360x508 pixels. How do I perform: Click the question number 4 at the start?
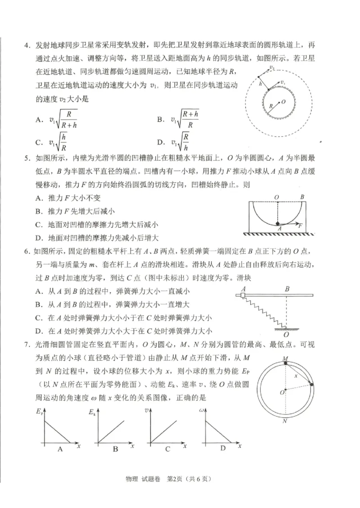coord(27,45)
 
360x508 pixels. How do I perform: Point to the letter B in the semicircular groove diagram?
coord(302,197)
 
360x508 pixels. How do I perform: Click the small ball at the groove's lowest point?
coord(278,223)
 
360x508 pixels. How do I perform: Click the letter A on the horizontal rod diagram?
coord(243,289)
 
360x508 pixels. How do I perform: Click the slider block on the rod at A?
coord(243,295)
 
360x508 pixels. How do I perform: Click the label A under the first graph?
coord(60,449)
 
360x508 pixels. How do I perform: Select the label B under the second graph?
coord(115,449)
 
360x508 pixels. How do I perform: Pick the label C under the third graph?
coord(168,449)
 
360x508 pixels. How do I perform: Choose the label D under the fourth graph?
coord(223,449)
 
